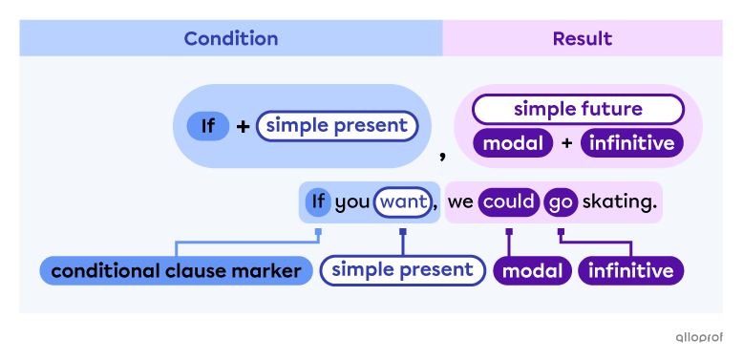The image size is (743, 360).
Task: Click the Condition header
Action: [230, 38]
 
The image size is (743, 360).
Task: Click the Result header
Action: [582, 38]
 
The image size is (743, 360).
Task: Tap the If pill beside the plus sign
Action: [207, 126]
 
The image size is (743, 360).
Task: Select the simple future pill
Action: [578, 109]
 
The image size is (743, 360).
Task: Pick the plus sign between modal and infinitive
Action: [567, 144]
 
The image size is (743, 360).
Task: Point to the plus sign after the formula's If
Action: [243, 126]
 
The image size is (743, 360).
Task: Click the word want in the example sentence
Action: [402, 202]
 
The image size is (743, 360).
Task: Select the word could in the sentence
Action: [508, 202]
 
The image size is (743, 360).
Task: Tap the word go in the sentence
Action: [561, 202]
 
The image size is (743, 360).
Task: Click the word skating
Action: [620, 202]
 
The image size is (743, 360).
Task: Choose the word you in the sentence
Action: [351, 202]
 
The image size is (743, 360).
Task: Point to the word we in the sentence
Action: [460, 202]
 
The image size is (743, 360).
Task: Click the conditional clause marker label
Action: [176, 271]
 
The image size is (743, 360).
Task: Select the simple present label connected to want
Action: [402, 270]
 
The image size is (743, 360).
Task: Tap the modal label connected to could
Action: [530, 271]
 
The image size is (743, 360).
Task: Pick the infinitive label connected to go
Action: [630, 271]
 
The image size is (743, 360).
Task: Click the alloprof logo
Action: [699, 337]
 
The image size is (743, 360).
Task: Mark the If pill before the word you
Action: [318, 202]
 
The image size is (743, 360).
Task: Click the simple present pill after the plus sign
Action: [336, 126]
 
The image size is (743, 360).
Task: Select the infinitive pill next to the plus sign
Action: [632, 144]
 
